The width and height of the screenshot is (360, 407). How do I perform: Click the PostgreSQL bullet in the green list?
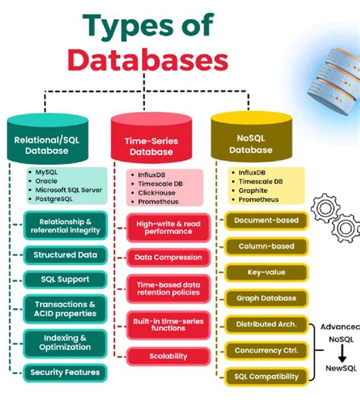[x=58, y=200]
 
